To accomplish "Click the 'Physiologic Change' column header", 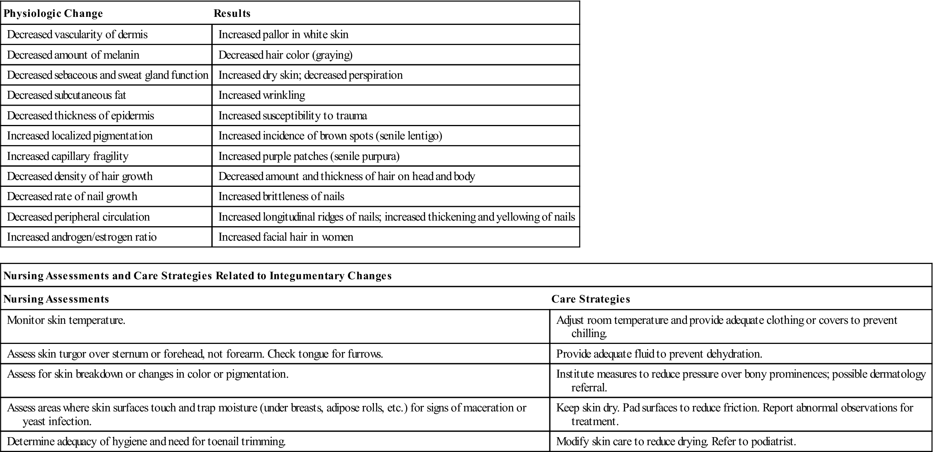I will (x=53, y=14).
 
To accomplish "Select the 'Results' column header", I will (x=232, y=14).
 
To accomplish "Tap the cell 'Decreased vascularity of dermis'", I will (x=77, y=35).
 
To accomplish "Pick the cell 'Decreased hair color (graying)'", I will (x=286, y=55).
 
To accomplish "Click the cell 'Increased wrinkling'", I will (x=262, y=95).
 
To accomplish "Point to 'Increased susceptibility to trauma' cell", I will (x=293, y=116).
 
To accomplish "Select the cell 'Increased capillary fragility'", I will (x=68, y=156).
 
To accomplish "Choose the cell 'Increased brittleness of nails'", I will (x=282, y=196).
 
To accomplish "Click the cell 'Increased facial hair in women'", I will (x=286, y=237).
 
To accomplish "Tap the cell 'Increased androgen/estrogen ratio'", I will (x=82, y=237).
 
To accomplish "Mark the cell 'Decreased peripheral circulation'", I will (x=78, y=217).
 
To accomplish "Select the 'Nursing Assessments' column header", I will (x=56, y=299).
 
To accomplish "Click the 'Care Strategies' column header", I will (x=590, y=299).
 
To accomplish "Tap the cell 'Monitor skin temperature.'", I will (x=66, y=321).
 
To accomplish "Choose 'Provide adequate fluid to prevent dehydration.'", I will (x=659, y=354).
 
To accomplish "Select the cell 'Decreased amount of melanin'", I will (x=73, y=55).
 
